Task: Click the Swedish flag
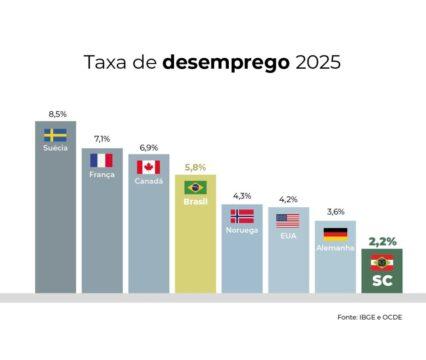pyautogui.click(x=55, y=135)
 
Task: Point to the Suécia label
pyautogui.click(x=55, y=149)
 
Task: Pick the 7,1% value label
pyautogui.click(x=102, y=139)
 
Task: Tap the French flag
pyautogui.click(x=102, y=160)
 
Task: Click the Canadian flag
pyautogui.click(x=149, y=167)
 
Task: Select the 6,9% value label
pyautogui.click(x=149, y=146)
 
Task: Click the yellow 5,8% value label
pyautogui.click(x=195, y=167)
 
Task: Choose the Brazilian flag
pyautogui.click(x=195, y=187)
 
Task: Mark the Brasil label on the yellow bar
pyautogui.click(x=195, y=202)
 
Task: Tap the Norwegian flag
pyautogui.click(x=242, y=215)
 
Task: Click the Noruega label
pyautogui.click(x=242, y=230)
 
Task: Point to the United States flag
pyautogui.click(x=288, y=220)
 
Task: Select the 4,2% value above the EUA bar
pyautogui.click(x=288, y=199)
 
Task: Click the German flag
pyautogui.click(x=335, y=233)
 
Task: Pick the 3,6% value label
pyautogui.click(x=335, y=212)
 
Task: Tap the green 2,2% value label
pyautogui.click(x=381, y=242)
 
